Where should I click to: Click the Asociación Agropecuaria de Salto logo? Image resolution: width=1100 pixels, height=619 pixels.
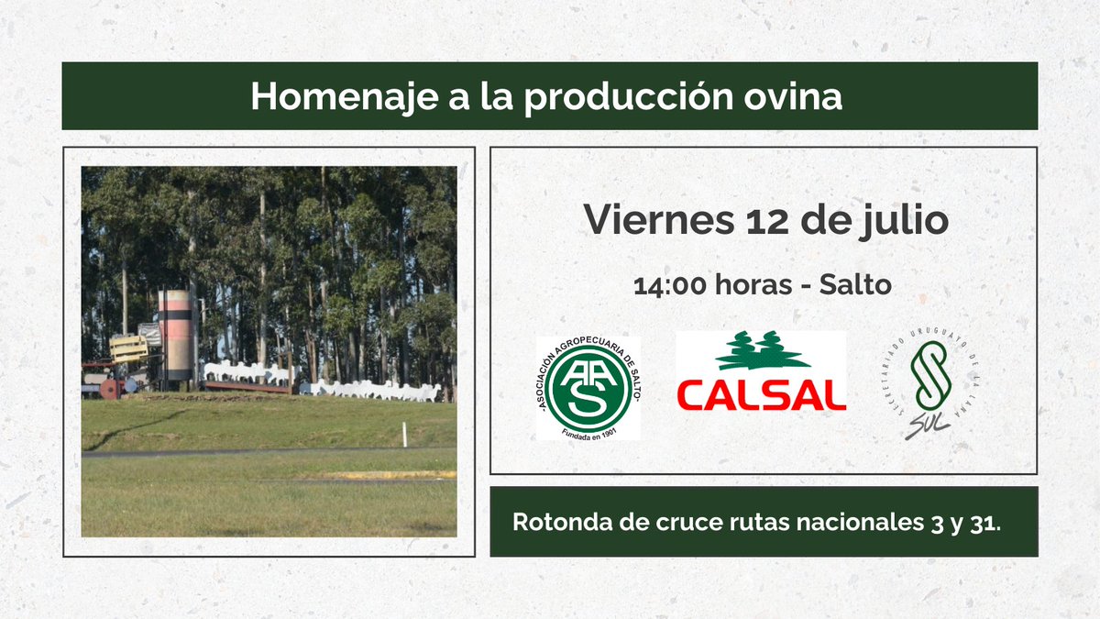pyautogui.click(x=588, y=386)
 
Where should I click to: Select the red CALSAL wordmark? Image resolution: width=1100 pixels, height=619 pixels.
pyautogui.click(x=760, y=395)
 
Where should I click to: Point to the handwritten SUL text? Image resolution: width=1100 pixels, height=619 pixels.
pyautogui.click(x=927, y=427)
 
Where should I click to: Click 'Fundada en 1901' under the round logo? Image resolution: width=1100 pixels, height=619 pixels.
pyautogui.click(x=588, y=430)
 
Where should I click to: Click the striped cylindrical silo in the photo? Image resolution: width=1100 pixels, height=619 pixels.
pyautogui.click(x=175, y=335)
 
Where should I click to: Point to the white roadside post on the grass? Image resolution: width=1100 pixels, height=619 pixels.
pyautogui.click(x=404, y=435)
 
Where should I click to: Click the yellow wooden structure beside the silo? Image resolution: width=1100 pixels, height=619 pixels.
pyautogui.click(x=129, y=348)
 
